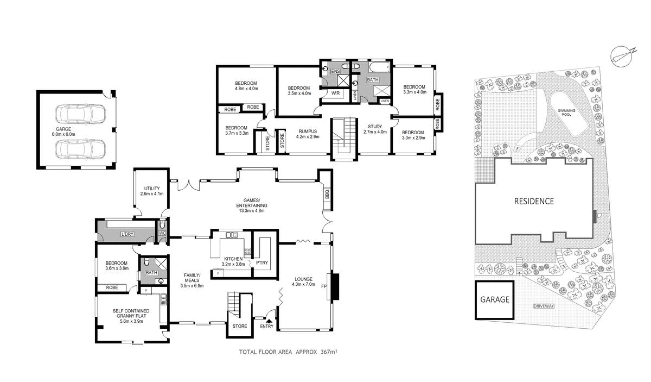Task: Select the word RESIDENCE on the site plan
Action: click(x=534, y=201)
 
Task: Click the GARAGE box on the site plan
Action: click(x=494, y=299)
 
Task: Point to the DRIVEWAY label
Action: click(x=544, y=306)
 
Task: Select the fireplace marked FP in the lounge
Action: click(x=334, y=286)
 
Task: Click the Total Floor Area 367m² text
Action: click(x=288, y=352)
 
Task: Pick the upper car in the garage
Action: click(x=81, y=114)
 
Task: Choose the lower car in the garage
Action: click(x=81, y=148)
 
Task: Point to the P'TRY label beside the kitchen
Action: click(x=263, y=262)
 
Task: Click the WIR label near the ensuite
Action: click(x=336, y=93)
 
